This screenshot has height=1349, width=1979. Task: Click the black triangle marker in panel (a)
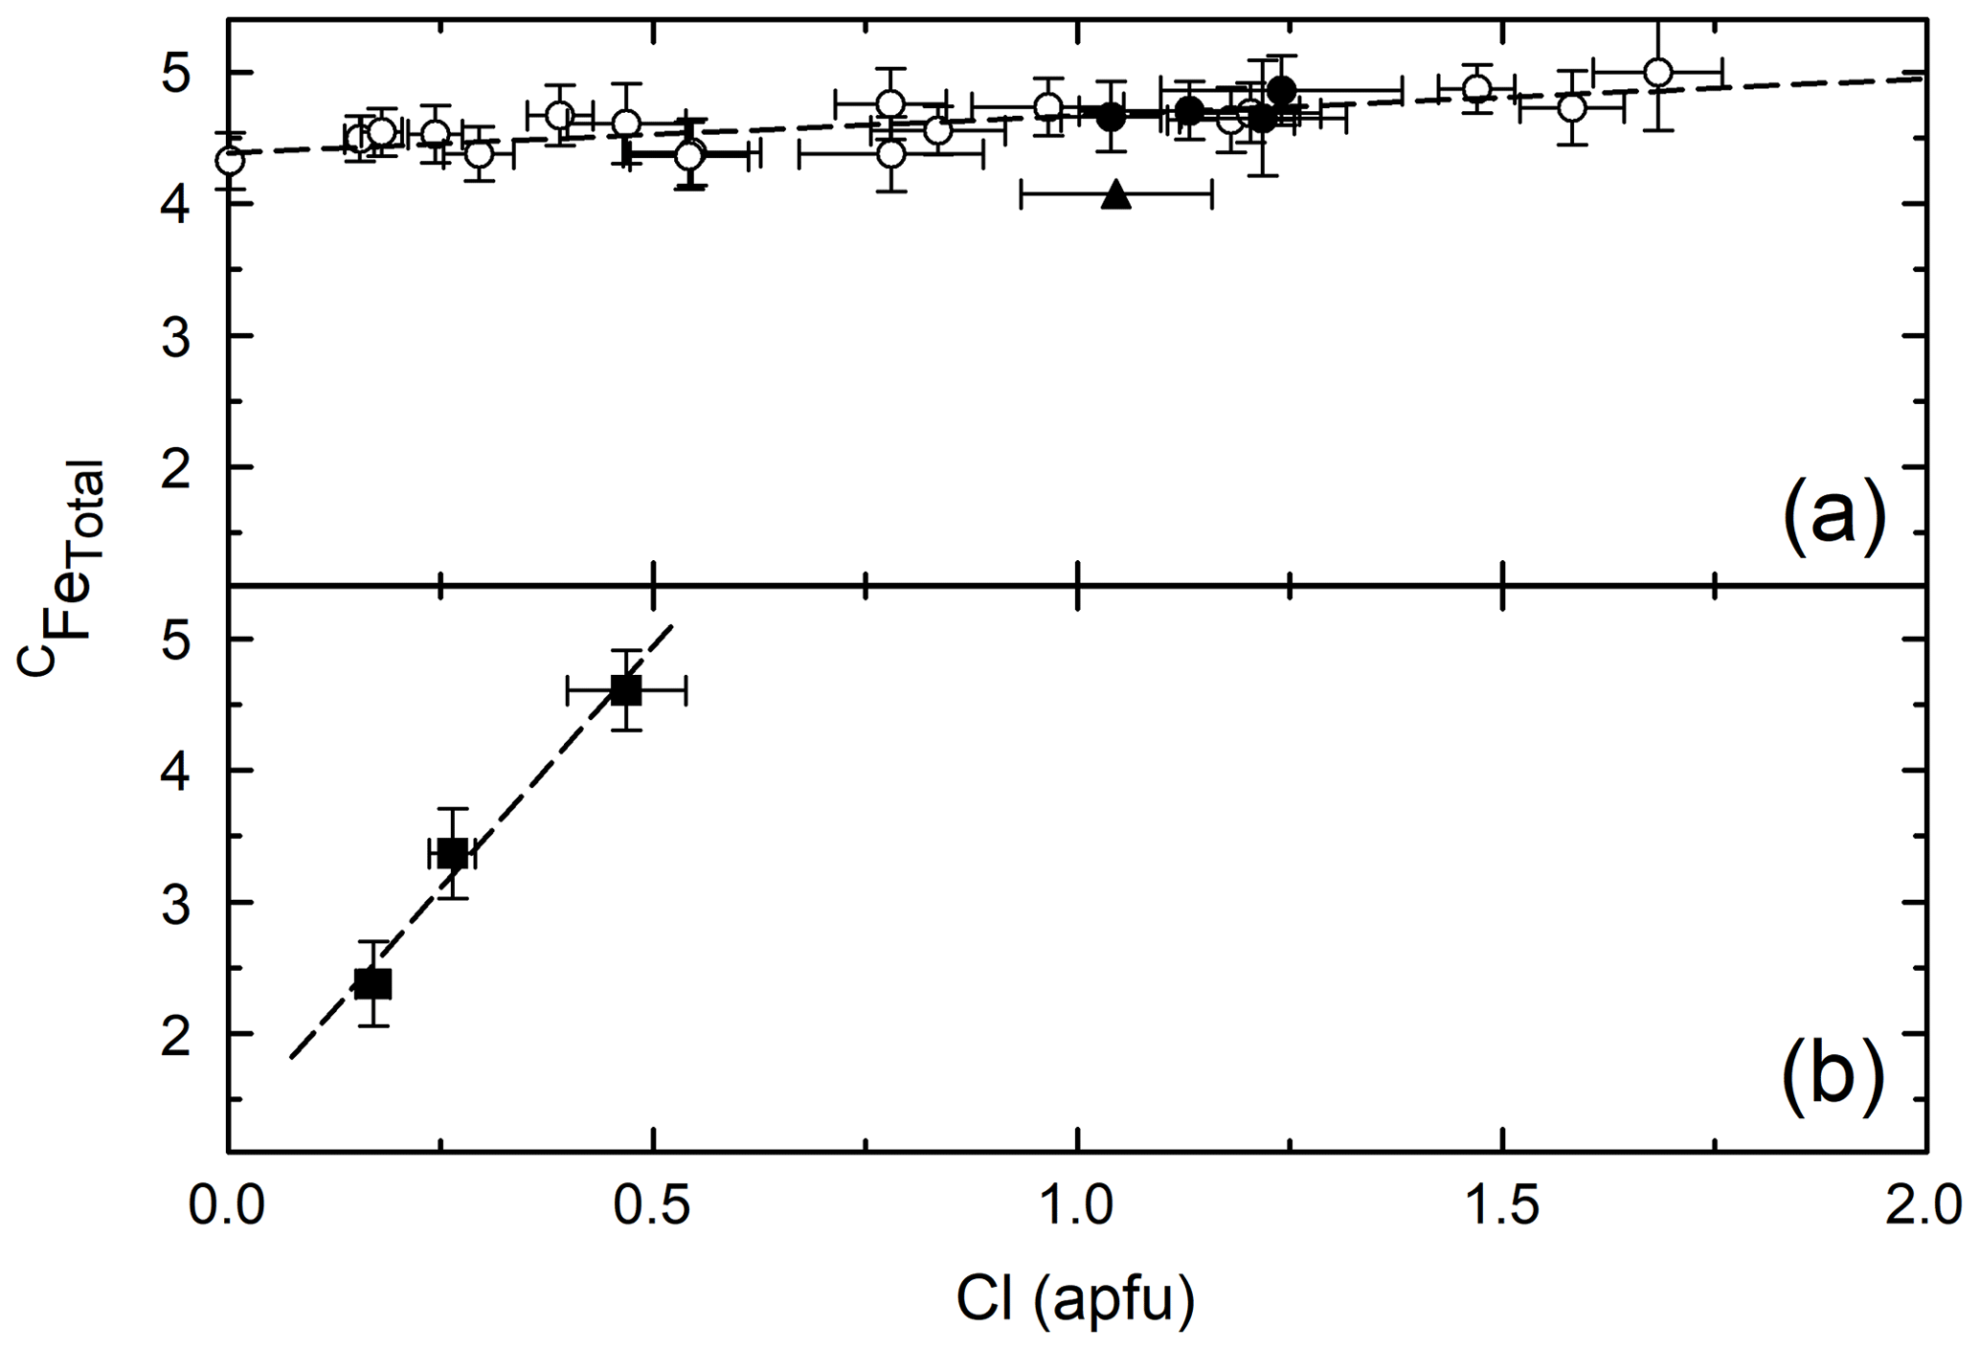tap(1116, 195)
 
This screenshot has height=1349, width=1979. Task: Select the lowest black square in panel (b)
tap(372, 983)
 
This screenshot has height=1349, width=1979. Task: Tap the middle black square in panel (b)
tap(453, 853)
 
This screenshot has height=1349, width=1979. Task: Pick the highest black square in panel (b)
tap(625, 689)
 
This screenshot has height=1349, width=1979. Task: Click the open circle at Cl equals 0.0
tap(230, 160)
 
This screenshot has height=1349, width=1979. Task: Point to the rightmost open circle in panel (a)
tap(1657, 72)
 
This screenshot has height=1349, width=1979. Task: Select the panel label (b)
tap(1833, 1079)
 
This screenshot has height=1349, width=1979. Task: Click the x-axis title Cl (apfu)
tap(1076, 1300)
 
